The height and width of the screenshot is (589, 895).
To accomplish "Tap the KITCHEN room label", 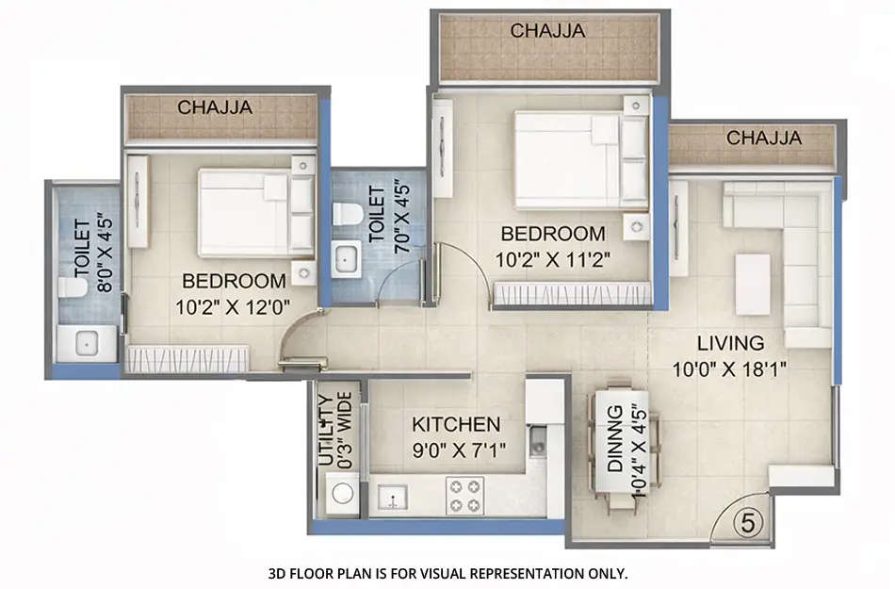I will (456, 424).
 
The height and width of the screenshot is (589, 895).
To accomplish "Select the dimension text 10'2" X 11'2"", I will (552, 257).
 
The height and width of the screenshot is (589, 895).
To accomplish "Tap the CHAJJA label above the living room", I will (763, 139).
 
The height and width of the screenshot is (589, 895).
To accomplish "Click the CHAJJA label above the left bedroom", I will (216, 107).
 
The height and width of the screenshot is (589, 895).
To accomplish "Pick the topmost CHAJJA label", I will (547, 31).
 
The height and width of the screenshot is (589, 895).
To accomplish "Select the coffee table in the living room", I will (753, 284).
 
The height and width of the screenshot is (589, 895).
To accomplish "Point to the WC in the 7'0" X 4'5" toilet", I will (347, 214).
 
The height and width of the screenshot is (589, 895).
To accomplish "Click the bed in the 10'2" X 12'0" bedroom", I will (243, 213).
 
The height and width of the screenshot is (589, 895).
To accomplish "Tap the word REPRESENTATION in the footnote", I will (501, 573).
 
